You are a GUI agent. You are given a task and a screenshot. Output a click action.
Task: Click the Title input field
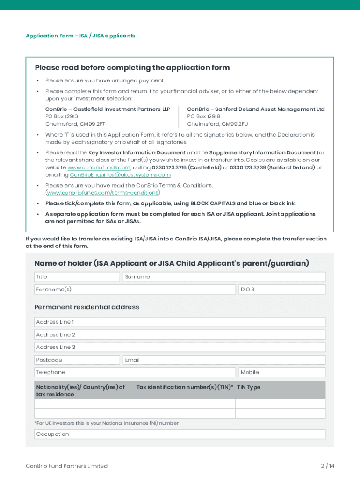click(x=77, y=277)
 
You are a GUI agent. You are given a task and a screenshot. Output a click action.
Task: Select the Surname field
click(x=224, y=277)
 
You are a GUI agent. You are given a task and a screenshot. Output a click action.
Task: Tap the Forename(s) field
click(x=135, y=290)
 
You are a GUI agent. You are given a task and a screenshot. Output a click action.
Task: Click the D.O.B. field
click(x=282, y=290)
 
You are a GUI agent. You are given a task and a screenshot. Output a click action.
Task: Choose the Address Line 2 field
click(x=180, y=335)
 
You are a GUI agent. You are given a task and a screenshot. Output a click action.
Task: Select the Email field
click(x=224, y=360)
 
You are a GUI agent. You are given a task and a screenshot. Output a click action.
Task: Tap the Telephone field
click(x=135, y=372)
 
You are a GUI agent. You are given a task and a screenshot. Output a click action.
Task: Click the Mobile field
click(x=282, y=372)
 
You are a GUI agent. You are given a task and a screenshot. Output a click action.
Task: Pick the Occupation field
click(x=180, y=434)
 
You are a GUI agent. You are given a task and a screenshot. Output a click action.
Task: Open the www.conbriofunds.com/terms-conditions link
click(x=102, y=193)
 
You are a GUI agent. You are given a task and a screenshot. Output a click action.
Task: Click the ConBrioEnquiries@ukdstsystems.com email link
click(x=120, y=175)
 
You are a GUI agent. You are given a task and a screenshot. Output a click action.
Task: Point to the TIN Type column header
click(x=249, y=387)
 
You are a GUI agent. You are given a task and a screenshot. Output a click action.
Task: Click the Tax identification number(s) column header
click(x=185, y=387)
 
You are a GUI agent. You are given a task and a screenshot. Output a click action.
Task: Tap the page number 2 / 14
click(x=327, y=466)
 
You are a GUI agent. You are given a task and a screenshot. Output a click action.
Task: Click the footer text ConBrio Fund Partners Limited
click(x=66, y=466)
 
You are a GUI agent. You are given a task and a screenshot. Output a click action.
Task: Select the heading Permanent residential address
click(x=86, y=307)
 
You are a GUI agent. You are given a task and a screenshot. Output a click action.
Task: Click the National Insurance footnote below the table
click(x=107, y=423)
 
